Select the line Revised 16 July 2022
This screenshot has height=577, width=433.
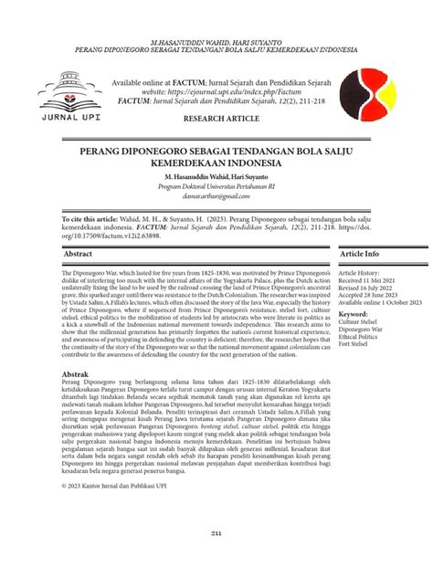[x=367, y=289]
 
